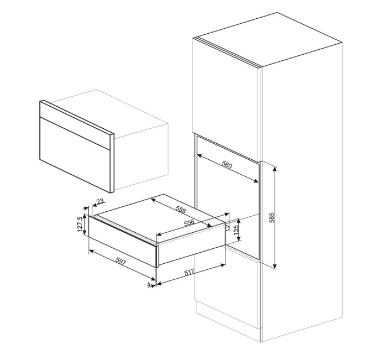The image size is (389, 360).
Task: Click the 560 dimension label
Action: [227, 165]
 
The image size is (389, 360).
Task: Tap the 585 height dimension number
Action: [272, 217]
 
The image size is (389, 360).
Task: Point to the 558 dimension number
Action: [181, 210]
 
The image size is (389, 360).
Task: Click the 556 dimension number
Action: [189, 223]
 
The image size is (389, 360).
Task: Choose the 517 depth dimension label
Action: [190, 273]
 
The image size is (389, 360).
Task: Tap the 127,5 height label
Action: [80, 224]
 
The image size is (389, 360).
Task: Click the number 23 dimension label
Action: [99, 201]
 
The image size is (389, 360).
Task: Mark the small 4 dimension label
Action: [149, 284]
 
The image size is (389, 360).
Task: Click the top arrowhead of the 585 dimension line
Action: [275, 169]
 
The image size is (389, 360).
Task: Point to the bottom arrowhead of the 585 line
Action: [275, 266]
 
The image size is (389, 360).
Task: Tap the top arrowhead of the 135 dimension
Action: [239, 221]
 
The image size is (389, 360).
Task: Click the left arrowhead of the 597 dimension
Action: [91, 251]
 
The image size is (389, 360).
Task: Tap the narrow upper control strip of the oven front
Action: [75, 126]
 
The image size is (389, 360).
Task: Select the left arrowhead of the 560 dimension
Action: [199, 155]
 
